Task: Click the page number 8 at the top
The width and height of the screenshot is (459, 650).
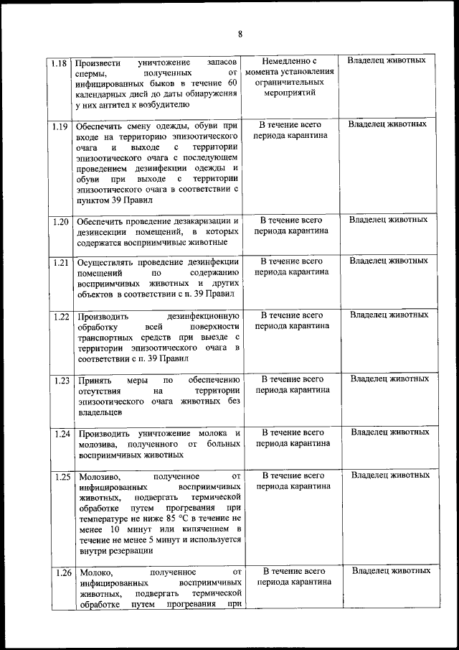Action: (x=240, y=34)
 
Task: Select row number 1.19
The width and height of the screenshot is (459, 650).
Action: (x=60, y=127)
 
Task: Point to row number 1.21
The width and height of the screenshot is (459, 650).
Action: (x=60, y=262)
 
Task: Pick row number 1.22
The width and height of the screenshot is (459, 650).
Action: (x=60, y=316)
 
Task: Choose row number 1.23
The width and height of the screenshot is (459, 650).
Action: (x=60, y=379)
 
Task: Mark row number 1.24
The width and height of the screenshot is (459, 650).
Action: (x=60, y=434)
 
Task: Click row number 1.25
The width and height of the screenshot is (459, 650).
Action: (x=60, y=476)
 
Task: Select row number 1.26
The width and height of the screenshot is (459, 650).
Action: (x=60, y=572)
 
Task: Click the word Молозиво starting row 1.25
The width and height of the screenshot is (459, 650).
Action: (x=98, y=476)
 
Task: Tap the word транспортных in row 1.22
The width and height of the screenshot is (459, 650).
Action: (x=106, y=337)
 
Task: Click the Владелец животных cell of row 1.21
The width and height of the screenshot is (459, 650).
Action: (x=389, y=261)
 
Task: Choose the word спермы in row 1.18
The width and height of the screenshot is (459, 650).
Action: (x=92, y=73)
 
